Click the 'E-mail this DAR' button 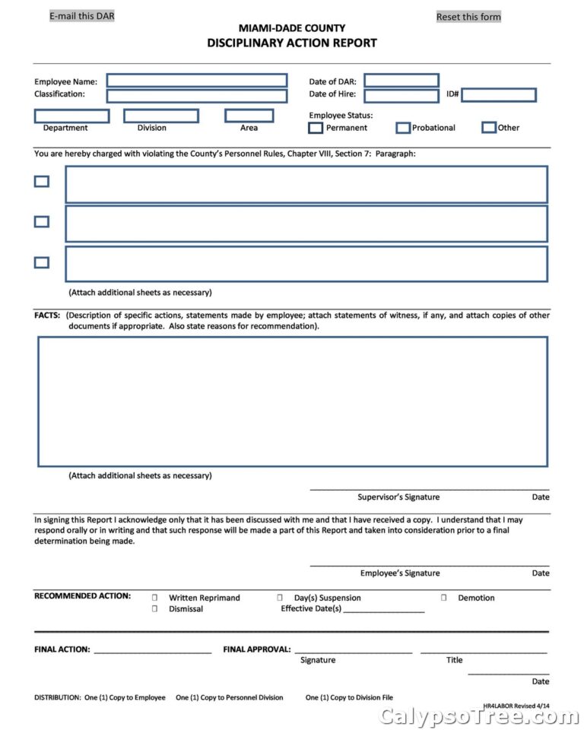(82, 16)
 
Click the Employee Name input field (197, 81)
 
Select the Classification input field (197, 96)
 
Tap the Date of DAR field (401, 81)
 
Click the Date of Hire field (401, 96)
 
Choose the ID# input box (499, 95)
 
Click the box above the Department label (71, 116)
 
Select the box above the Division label (161, 116)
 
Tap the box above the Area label (249, 116)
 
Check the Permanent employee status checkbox (316, 128)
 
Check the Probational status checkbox (403, 128)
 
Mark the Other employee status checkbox (489, 127)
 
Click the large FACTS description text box (293, 401)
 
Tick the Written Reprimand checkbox (155, 598)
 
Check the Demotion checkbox (443, 598)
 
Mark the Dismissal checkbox (155, 609)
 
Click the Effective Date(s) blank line (384, 610)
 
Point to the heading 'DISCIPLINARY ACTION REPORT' (292, 43)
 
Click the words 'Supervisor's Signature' (398, 497)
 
